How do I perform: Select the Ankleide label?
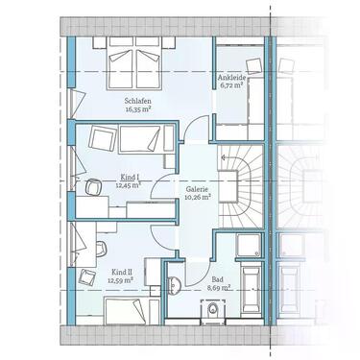coord(234,77)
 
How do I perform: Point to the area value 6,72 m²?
coord(234,84)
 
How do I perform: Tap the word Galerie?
coord(199,190)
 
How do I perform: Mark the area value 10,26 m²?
coord(199,199)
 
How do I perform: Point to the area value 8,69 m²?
coord(220,287)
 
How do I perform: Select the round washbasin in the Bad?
coord(174,286)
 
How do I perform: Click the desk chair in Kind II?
coord(87,278)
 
